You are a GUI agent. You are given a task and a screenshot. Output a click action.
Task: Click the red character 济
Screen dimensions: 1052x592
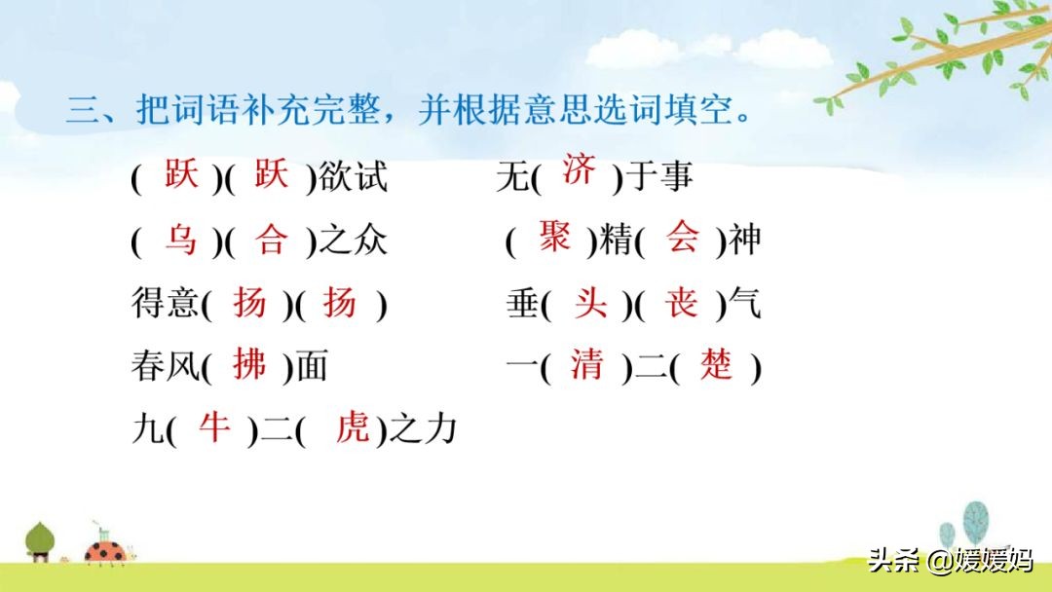[579, 169]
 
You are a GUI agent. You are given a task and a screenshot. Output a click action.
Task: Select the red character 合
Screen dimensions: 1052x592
[271, 239]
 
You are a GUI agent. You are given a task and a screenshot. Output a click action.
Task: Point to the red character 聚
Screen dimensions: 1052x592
[554, 236]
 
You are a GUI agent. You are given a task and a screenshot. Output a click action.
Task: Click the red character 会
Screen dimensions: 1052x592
[682, 236]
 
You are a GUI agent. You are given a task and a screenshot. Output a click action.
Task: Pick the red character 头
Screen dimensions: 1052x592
[590, 303]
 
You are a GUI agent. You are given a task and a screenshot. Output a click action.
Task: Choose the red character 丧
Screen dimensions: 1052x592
[682, 302]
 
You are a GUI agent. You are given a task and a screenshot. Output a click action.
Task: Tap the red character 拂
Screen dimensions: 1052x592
[249, 365]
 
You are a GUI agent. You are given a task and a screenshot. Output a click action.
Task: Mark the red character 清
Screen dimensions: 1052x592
[587, 365]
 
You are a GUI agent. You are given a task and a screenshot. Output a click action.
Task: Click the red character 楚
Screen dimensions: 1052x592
[716, 365]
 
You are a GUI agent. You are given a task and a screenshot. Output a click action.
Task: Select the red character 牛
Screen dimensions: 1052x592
[214, 427]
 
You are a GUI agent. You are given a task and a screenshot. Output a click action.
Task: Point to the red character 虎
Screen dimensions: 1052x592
[353, 427]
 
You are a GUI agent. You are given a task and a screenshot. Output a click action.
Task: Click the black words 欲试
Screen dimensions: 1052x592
[353, 177]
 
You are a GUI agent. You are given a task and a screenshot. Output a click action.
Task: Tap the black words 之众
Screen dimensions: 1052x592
[353, 240]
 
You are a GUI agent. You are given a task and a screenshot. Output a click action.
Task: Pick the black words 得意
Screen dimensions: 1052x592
[165, 303]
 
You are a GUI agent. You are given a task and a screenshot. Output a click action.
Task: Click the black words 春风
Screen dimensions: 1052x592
[165, 366]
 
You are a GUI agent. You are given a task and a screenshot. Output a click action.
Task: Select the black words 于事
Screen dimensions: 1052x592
[658, 176]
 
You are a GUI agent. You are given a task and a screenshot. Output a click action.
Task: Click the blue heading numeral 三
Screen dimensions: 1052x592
[83, 109]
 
